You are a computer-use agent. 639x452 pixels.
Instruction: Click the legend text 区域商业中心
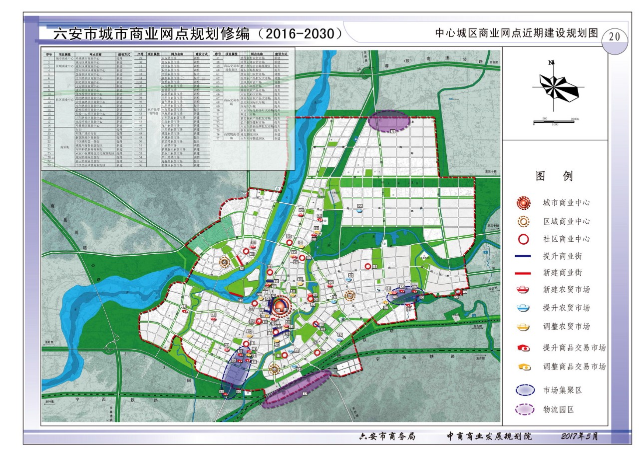click(x=566, y=221)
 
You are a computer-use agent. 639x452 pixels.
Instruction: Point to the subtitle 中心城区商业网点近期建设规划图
click(x=516, y=33)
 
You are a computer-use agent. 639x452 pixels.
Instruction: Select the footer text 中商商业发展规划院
click(x=489, y=437)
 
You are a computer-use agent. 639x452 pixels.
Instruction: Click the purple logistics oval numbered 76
click(x=389, y=121)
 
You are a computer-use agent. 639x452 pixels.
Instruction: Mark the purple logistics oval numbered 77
click(x=297, y=389)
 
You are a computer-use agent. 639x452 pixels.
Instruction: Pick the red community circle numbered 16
click(x=368, y=267)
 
